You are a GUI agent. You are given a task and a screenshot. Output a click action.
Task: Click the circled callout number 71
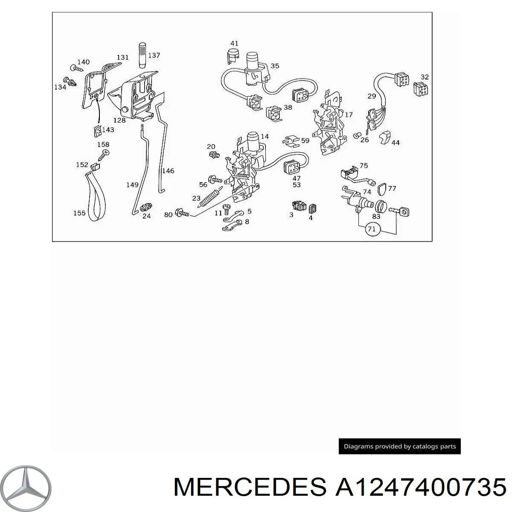[372, 229]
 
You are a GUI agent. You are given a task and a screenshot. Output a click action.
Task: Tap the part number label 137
[154, 55]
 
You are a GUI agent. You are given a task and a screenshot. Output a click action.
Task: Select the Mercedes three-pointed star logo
[25, 488]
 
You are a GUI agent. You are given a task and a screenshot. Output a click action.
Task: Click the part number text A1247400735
[421, 487]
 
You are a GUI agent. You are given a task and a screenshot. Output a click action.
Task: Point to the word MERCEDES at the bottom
[250, 487]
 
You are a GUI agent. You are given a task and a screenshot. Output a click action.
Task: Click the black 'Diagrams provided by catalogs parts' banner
[400, 446]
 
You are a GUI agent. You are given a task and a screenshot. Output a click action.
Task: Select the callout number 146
[168, 171]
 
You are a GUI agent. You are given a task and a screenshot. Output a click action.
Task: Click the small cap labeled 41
[233, 56]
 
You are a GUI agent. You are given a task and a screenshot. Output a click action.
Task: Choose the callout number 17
[349, 115]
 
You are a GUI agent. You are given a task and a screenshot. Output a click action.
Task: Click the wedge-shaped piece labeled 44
[385, 137]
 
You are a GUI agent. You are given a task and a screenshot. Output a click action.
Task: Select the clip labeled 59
[291, 142]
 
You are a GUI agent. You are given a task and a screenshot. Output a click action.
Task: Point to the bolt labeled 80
[182, 212]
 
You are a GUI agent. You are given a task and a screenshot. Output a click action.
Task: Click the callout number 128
[119, 120]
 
